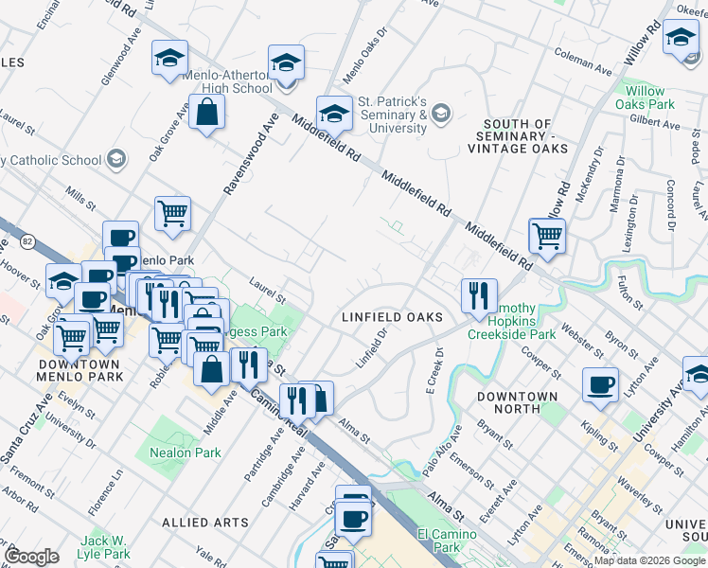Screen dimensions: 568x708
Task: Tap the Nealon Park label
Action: (186, 453)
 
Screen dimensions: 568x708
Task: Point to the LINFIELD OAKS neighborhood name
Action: (391, 317)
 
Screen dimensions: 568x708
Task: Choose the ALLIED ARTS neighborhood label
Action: (205, 522)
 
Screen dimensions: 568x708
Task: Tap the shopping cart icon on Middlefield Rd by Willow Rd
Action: (547, 236)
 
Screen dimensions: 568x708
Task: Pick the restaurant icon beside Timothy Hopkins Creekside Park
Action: (479, 294)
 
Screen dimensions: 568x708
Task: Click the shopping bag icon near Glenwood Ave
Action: (206, 113)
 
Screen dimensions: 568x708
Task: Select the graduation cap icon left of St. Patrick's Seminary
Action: (333, 115)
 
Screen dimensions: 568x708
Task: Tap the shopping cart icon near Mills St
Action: (172, 213)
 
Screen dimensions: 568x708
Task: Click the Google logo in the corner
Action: (31, 556)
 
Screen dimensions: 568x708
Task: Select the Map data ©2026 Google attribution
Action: (649, 560)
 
